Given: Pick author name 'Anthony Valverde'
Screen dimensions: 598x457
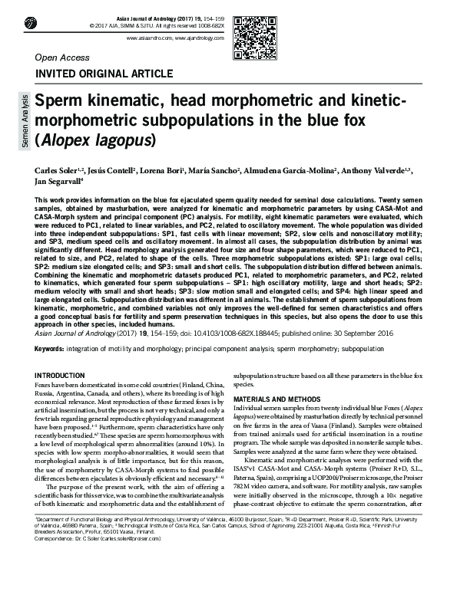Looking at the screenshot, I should tap(382, 169).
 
